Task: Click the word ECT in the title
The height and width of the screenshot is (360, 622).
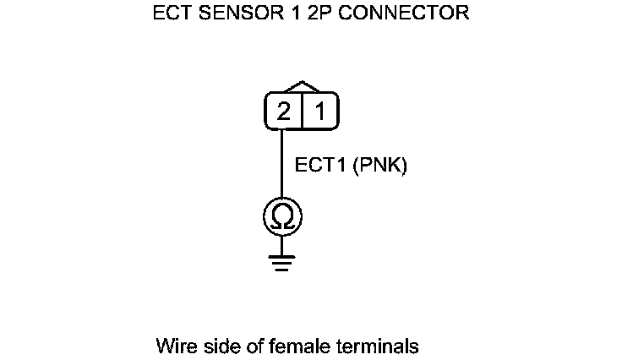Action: pos(172,14)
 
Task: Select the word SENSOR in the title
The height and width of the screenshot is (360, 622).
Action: pos(235,14)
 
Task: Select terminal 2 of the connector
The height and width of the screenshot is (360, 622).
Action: pos(284,112)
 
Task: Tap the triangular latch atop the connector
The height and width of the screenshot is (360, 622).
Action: pos(303,87)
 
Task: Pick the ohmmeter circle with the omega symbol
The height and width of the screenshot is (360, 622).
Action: pos(283,217)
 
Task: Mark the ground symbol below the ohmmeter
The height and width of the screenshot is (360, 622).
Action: pos(283,262)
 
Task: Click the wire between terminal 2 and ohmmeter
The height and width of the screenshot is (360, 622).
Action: pos(283,165)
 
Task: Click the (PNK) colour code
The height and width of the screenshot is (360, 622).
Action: pos(379,166)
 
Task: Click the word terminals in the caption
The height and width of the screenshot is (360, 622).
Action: pos(377,346)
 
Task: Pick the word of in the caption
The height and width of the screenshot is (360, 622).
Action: pos(253,346)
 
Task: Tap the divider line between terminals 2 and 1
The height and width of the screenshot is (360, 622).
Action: pos(302,112)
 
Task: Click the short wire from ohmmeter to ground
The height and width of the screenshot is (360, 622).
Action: pos(283,245)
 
